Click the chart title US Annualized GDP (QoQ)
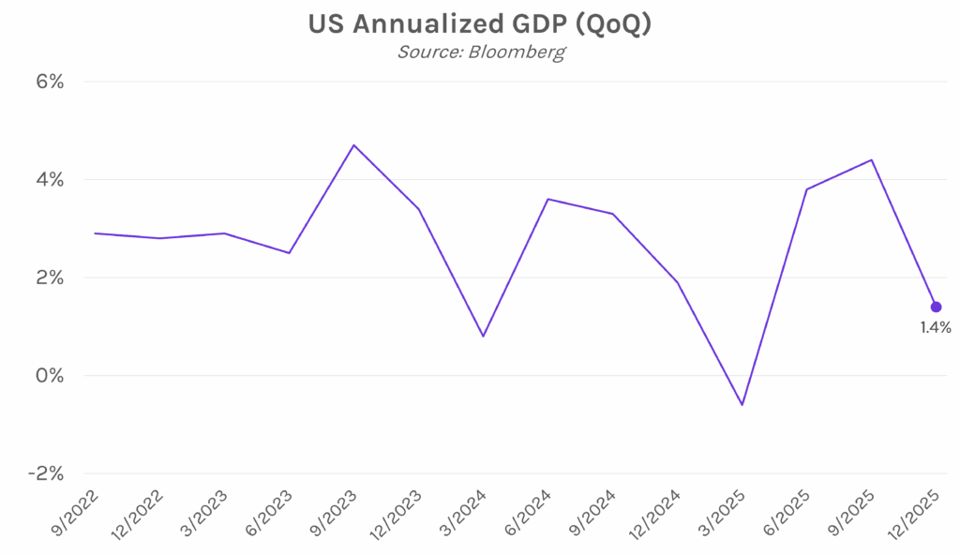(479, 24)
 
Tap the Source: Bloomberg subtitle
(480, 52)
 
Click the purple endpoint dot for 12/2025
(936, 307)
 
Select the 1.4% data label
(936, 328)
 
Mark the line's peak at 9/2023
(353, 145)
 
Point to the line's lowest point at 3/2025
(742, 405)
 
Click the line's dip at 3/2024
(483, 336)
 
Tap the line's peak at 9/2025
(872, 159)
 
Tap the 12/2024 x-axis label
(656, 514)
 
